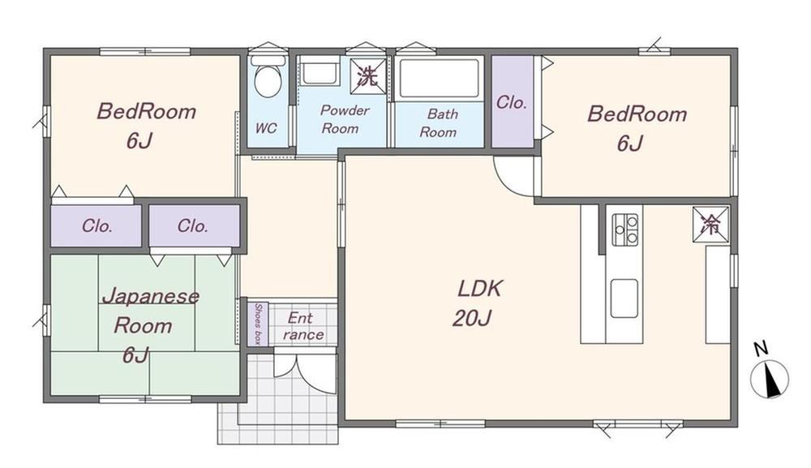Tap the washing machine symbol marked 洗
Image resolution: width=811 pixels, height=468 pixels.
point(367,76)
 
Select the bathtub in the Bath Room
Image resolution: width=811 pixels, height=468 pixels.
point(439,78)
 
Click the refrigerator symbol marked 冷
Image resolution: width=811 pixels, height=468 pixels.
point(710,224)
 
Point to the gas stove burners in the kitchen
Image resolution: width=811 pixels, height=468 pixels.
point(624,229)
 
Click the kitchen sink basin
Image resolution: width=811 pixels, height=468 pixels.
point(624,298)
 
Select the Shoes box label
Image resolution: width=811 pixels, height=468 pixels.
point(258,324)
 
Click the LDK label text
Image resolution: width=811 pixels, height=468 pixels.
point(479,289)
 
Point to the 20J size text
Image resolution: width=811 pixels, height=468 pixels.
point(471,318)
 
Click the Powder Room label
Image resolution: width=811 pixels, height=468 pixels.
point(343,119)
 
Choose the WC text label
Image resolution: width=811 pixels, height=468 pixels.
point(266,128)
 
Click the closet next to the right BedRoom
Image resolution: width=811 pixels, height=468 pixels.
point(512,101)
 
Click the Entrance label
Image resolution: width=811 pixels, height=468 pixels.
point(303,326)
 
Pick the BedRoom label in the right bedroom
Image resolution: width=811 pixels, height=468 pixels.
point(637,114)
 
